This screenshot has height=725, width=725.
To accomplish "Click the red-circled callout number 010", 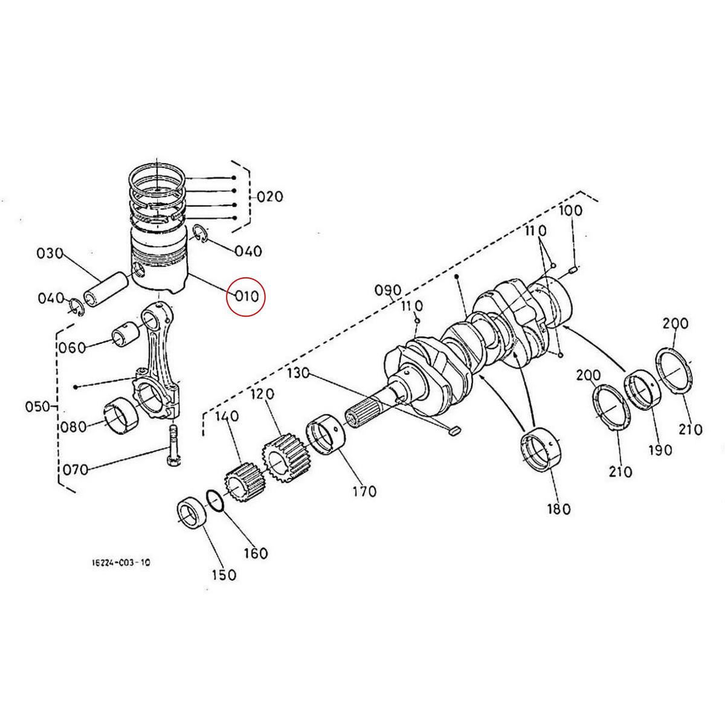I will (246, 297).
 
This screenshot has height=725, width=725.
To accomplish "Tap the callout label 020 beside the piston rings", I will (269, 197).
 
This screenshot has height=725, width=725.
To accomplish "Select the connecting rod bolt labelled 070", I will (173, 444).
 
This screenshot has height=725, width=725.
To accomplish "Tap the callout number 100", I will (570, 211).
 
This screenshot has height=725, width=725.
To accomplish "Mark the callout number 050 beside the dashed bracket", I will (37, 406).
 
